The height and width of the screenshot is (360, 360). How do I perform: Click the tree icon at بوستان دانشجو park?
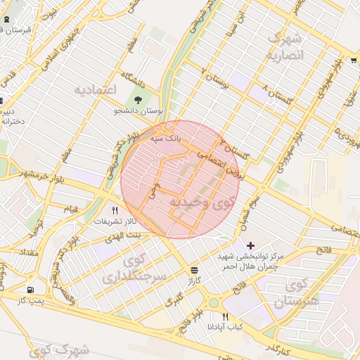click(138, 101)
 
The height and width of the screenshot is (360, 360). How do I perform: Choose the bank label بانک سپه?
click(165, 139)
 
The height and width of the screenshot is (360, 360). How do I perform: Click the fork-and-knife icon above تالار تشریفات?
click(115, 210)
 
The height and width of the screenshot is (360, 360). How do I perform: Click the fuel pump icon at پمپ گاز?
click(30, 290)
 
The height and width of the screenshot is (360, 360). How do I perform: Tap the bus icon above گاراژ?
click(193, 269)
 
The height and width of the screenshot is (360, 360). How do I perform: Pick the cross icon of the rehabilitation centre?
click(250, 245)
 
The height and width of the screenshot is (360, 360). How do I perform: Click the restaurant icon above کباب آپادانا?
click(225, 316)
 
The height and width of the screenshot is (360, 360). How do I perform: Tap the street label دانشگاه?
click(137, 76)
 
